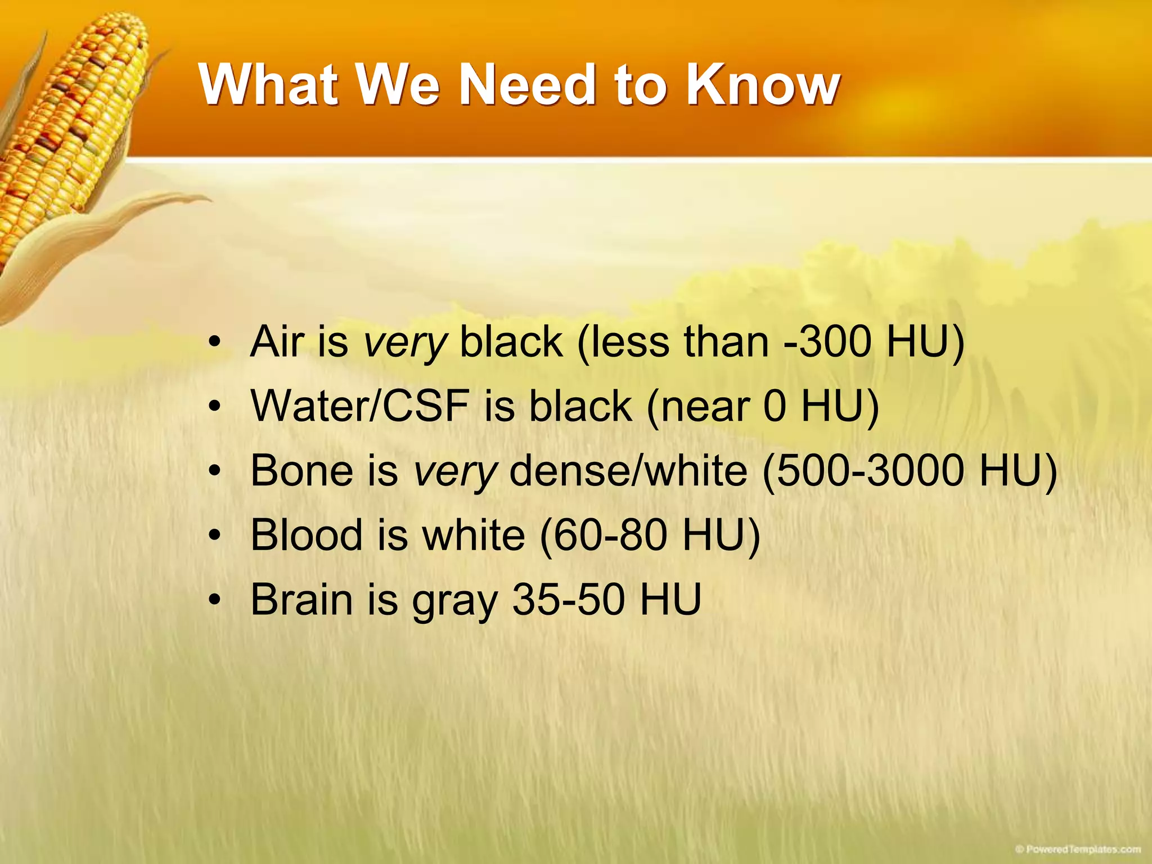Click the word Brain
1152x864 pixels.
[301, 599]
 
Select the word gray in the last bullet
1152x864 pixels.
[454, 602]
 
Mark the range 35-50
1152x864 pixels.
[569, 599]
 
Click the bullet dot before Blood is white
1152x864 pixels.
[214, 535]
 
